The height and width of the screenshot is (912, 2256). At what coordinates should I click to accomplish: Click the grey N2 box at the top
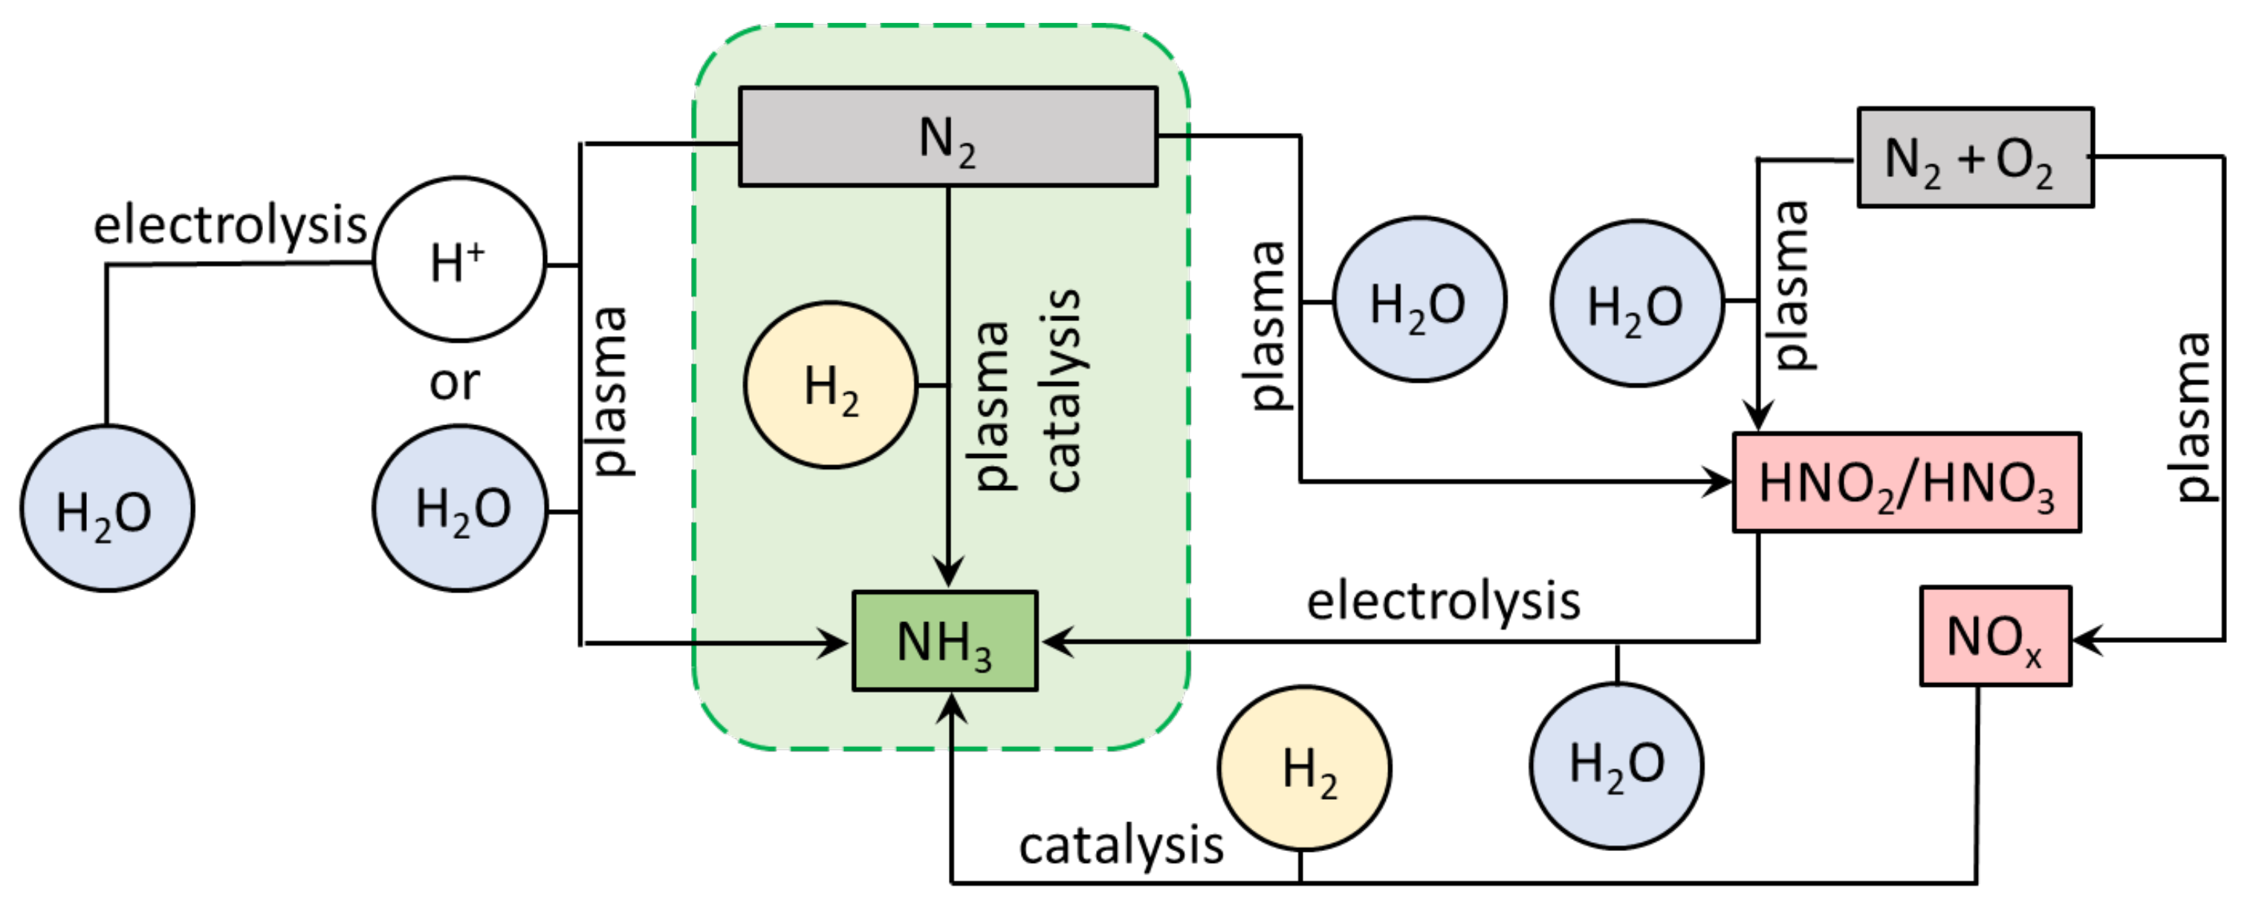[947, 137]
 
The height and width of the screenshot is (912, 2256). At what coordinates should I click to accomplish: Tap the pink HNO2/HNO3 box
[1907, 482]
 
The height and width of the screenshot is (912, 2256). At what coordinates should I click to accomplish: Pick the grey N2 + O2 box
[1975, 158]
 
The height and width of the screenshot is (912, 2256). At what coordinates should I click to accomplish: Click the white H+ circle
[460, 259]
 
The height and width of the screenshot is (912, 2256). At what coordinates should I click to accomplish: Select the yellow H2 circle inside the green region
[830, 386]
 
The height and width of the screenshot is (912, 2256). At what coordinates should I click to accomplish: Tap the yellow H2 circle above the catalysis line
[1304, 769]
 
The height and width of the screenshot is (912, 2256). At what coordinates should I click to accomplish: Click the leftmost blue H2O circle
[107, 509]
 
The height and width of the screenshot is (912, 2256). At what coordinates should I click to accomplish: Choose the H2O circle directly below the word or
[460, 509]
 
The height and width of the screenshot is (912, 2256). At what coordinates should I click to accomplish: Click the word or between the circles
[455, 383]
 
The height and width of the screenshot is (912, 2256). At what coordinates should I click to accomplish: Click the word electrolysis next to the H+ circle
[230, 225]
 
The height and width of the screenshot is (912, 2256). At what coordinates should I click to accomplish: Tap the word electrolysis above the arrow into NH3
[1443, 602]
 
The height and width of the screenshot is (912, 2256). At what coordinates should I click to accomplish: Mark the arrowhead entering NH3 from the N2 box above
[947, 574]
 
